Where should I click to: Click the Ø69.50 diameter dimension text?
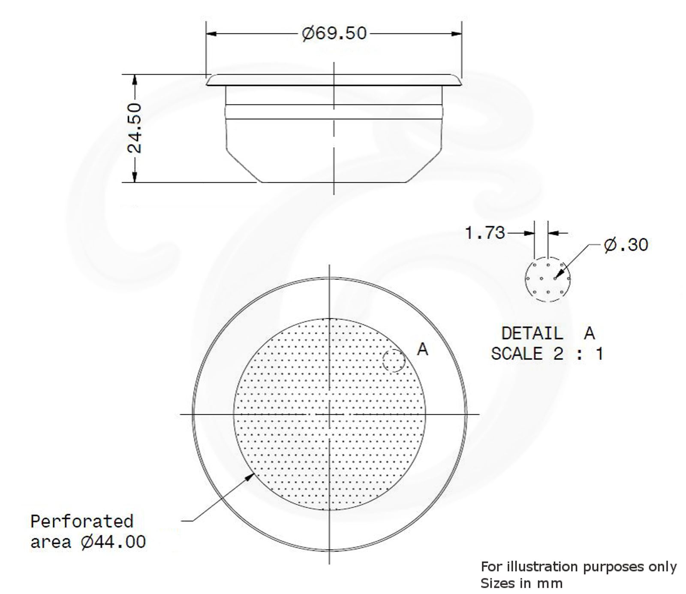point(334,33)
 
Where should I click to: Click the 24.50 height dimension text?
point(135,128)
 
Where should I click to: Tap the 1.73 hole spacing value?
point(485,233)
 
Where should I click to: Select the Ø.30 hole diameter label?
point(626,244)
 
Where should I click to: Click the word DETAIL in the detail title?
point(532,333)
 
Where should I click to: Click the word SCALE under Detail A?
point(517,353)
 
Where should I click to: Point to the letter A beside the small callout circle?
point(422,350)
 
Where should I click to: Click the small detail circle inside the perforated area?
point(394,360)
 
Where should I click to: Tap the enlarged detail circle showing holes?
point(548,279)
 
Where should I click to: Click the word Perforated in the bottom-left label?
point(82,521)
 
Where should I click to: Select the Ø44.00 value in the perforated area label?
point(113,542)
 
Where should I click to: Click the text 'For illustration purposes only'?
point(578,567)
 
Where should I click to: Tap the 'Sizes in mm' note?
point(521,583)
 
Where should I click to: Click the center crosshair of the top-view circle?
point(329,414)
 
